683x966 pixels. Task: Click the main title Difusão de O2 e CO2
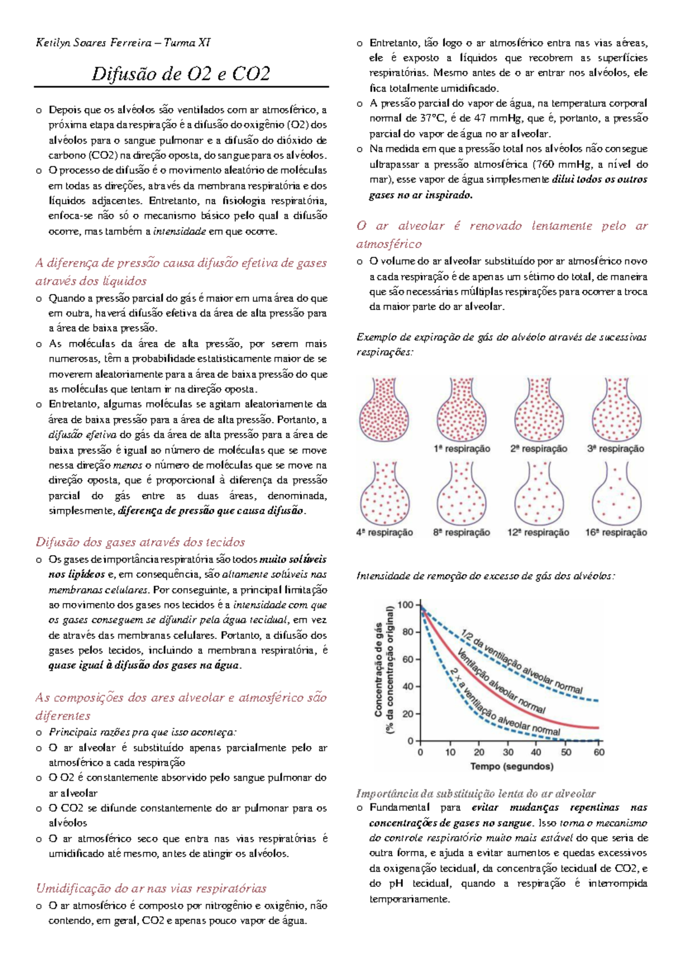(181, 74)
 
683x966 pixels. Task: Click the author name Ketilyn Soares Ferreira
(94, 43)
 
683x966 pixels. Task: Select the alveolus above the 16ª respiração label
(616, 494)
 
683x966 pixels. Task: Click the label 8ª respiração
(462, 532)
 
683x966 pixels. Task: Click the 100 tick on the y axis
(405, 604)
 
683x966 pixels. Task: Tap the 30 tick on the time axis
(508, 752)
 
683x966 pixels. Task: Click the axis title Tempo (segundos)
(512, 766)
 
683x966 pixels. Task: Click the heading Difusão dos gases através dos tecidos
(140, 542)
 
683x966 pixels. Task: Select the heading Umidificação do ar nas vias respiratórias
(151, 888)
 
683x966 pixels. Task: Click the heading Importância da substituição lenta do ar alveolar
(476, 793)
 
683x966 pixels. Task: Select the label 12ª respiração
(538, 532)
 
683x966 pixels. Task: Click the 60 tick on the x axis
(599, 752)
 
